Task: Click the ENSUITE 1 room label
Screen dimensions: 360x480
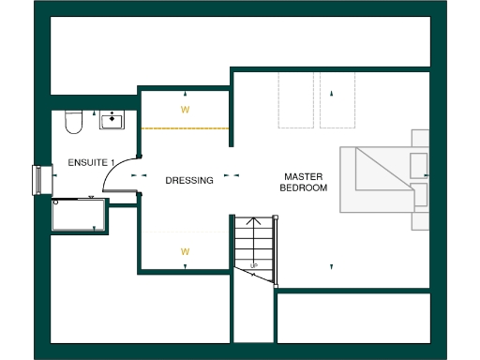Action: [x=84, y=162]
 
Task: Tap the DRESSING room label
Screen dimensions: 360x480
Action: [x=189, y=180]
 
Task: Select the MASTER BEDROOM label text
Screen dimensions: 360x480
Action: [x=304, y=182]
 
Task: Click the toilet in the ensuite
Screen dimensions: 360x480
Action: [x=74, y=121]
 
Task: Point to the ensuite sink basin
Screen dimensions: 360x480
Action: [x=113, y=119]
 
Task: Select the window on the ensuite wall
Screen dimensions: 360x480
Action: [x=40, y=179]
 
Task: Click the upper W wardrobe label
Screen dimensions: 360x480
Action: [x=185, y=109]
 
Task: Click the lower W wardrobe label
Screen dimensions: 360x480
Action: [x=185, y=251]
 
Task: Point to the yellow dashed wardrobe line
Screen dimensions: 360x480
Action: [x=186, y=128]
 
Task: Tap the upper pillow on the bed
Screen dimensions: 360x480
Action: [x=419, y=165]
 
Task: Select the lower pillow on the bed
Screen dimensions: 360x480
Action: [x=419, y=195]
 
